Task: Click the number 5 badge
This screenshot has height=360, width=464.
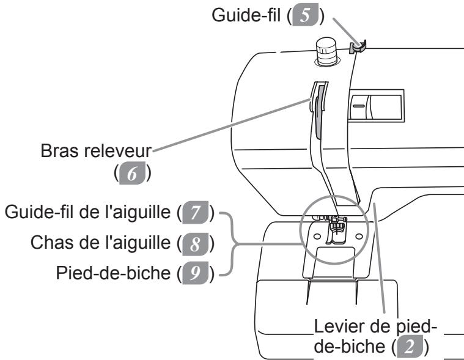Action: point(305,15)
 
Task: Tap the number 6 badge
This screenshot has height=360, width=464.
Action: point(132,173)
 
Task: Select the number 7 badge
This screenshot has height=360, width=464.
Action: point(195,212)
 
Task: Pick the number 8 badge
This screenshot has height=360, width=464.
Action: point(195,244)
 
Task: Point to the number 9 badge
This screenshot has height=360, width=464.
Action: point(195,273)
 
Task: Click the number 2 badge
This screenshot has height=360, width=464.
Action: point(410,347)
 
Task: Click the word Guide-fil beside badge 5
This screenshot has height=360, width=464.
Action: point(246,15)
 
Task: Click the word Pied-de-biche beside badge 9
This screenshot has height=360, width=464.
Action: point(113,273)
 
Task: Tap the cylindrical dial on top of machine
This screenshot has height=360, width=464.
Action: point(326,51)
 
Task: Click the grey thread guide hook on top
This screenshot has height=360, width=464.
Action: point(358,46)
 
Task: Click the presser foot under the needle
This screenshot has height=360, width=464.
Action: point(336,231)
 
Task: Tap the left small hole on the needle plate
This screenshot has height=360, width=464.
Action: point(317,237)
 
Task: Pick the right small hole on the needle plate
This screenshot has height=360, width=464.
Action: point(359,237)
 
